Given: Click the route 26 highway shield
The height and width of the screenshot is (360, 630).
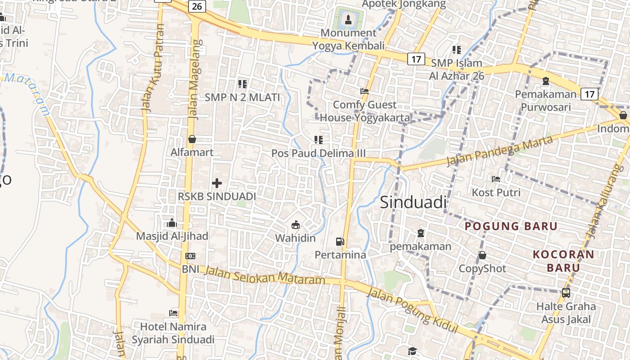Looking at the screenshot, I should [x=197, y=6].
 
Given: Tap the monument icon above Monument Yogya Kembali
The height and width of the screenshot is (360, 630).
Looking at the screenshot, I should [x=348, y=19].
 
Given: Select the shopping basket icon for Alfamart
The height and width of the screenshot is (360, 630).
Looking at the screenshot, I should [x=192, y=139].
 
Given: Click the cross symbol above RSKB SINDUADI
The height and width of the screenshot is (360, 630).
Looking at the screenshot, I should [x=217, y=183].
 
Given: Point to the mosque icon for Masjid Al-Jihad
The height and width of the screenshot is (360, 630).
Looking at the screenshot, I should [x=172, y=223].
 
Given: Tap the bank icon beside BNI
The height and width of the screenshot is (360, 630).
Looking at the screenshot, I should [x=190, y=256].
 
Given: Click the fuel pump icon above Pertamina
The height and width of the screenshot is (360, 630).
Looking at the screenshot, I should [x=340, y=242].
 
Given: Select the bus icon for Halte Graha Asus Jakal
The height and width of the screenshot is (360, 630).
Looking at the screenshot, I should [x=566, y=293].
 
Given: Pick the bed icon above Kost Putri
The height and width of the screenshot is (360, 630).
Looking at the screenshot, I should [x=496, y=179].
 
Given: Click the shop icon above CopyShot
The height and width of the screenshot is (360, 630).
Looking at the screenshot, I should [x=482, y=255].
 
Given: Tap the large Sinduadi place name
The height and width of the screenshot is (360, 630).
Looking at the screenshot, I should [x=413, y=202].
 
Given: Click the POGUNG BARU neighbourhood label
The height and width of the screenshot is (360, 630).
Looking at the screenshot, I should [x=511, y=226].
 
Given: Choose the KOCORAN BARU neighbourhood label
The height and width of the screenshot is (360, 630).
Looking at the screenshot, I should [x=563, y=261].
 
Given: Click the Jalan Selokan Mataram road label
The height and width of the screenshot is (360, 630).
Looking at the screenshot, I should [x=265, y=275].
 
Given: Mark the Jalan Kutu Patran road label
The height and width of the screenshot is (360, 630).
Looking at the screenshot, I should [x=152, y=67].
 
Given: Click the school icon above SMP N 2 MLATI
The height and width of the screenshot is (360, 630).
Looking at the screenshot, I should [x=243, y=84].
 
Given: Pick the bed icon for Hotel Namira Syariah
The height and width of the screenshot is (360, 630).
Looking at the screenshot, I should [x=173, y=313].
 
